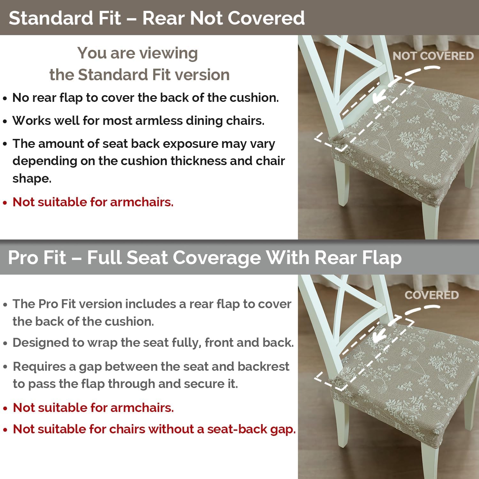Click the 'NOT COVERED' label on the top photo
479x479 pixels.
433,56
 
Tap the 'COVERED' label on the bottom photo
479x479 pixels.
431,295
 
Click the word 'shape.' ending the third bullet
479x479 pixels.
32,178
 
